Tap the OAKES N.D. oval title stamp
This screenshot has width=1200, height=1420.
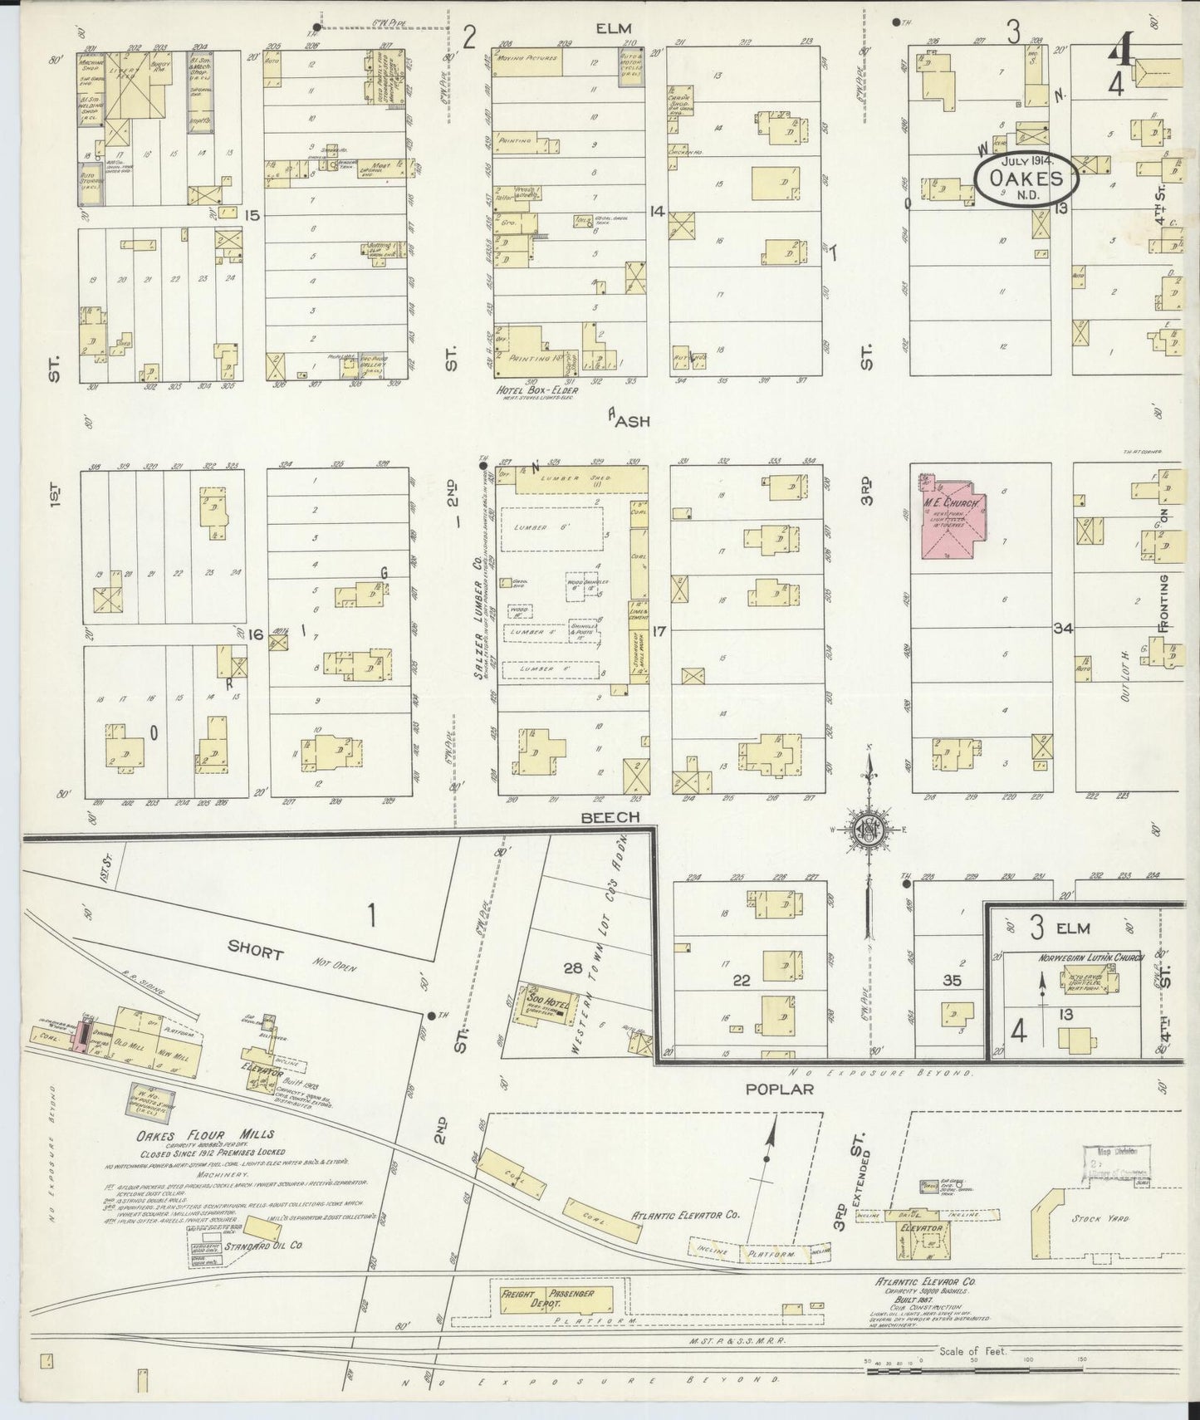point(1026,178)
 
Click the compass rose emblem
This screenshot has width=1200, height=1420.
point(869,831)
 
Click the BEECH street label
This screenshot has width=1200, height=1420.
point(610,817)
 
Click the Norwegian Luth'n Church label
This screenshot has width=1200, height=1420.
point(1090,958)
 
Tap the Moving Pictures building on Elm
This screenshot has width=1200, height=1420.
point(527,61)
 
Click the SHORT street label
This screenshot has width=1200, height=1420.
point(255,952)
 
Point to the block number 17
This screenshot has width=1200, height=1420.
point(659,630)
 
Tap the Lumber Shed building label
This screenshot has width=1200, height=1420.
point(569,479)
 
